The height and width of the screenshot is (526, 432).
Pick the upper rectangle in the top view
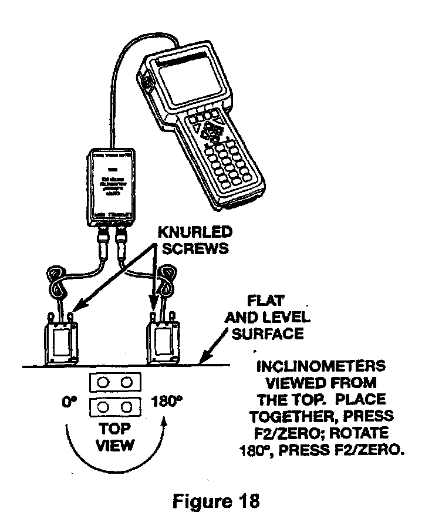(x=115, y=383)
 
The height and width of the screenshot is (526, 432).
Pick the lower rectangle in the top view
(x=115, y=407)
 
